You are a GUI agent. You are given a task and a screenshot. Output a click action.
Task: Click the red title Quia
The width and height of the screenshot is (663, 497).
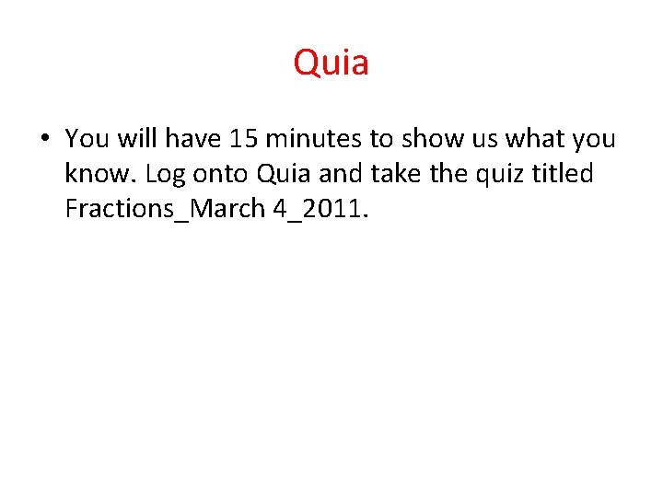point(331,64)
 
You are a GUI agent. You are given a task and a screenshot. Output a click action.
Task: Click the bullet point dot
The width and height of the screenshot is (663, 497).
point(44,139)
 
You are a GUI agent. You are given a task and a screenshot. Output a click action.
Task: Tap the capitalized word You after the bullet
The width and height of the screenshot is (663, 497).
point(87,139)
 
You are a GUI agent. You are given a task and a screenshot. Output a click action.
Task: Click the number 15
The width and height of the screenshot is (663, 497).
point(245,139)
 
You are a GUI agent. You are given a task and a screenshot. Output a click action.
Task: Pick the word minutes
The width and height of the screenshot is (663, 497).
point(314,139)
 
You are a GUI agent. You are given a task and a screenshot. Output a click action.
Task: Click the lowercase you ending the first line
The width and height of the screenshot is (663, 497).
point(595,139)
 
